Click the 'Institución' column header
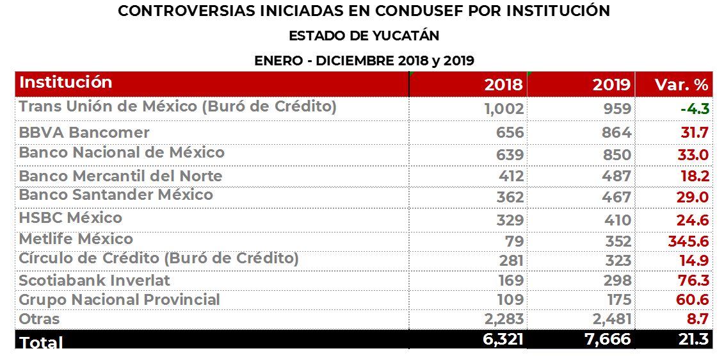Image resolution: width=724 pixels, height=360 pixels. click(x=66, y=83)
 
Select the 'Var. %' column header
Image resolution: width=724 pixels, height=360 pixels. click(x=681, y=85)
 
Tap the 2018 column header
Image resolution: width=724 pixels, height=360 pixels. click(x=503, y=85)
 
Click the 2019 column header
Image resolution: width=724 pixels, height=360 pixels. click(x=611, y=85)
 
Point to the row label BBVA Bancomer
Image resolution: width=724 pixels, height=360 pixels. click(x=84, y=133)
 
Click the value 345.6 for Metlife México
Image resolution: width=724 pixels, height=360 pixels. click(x=688, y=241)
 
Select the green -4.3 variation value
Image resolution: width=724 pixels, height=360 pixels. click(x=695, y=109)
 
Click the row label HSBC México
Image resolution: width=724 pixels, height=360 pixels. click(x=70, y=218)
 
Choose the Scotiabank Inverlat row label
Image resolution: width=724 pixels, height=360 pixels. click(x=94, y=281)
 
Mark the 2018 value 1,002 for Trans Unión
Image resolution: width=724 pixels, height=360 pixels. click(x=504, y=109)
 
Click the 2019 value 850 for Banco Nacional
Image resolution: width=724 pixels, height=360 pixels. click(x=617, y=155)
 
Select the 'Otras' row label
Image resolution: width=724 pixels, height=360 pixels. click(x=39, y=319)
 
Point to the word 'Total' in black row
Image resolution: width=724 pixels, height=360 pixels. click(x=42, y=342)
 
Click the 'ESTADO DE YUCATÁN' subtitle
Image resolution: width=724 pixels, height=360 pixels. click(x=364, y=36)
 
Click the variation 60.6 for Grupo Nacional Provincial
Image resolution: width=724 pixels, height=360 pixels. click(x=693, y=300)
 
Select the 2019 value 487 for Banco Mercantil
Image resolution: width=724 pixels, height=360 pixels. click(x=617, y=176)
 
